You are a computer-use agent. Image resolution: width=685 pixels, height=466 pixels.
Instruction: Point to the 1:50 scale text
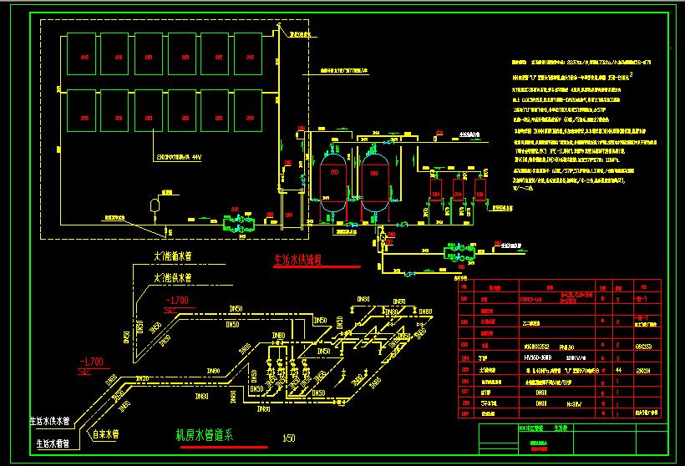[x=289, y=437]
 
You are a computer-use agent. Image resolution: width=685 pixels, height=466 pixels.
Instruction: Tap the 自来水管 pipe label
[x=106, y=434]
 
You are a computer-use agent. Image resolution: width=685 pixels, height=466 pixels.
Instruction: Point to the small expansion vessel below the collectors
[x=154, y=203]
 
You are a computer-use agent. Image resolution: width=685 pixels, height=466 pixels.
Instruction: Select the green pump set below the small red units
[x=461, y=251]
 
